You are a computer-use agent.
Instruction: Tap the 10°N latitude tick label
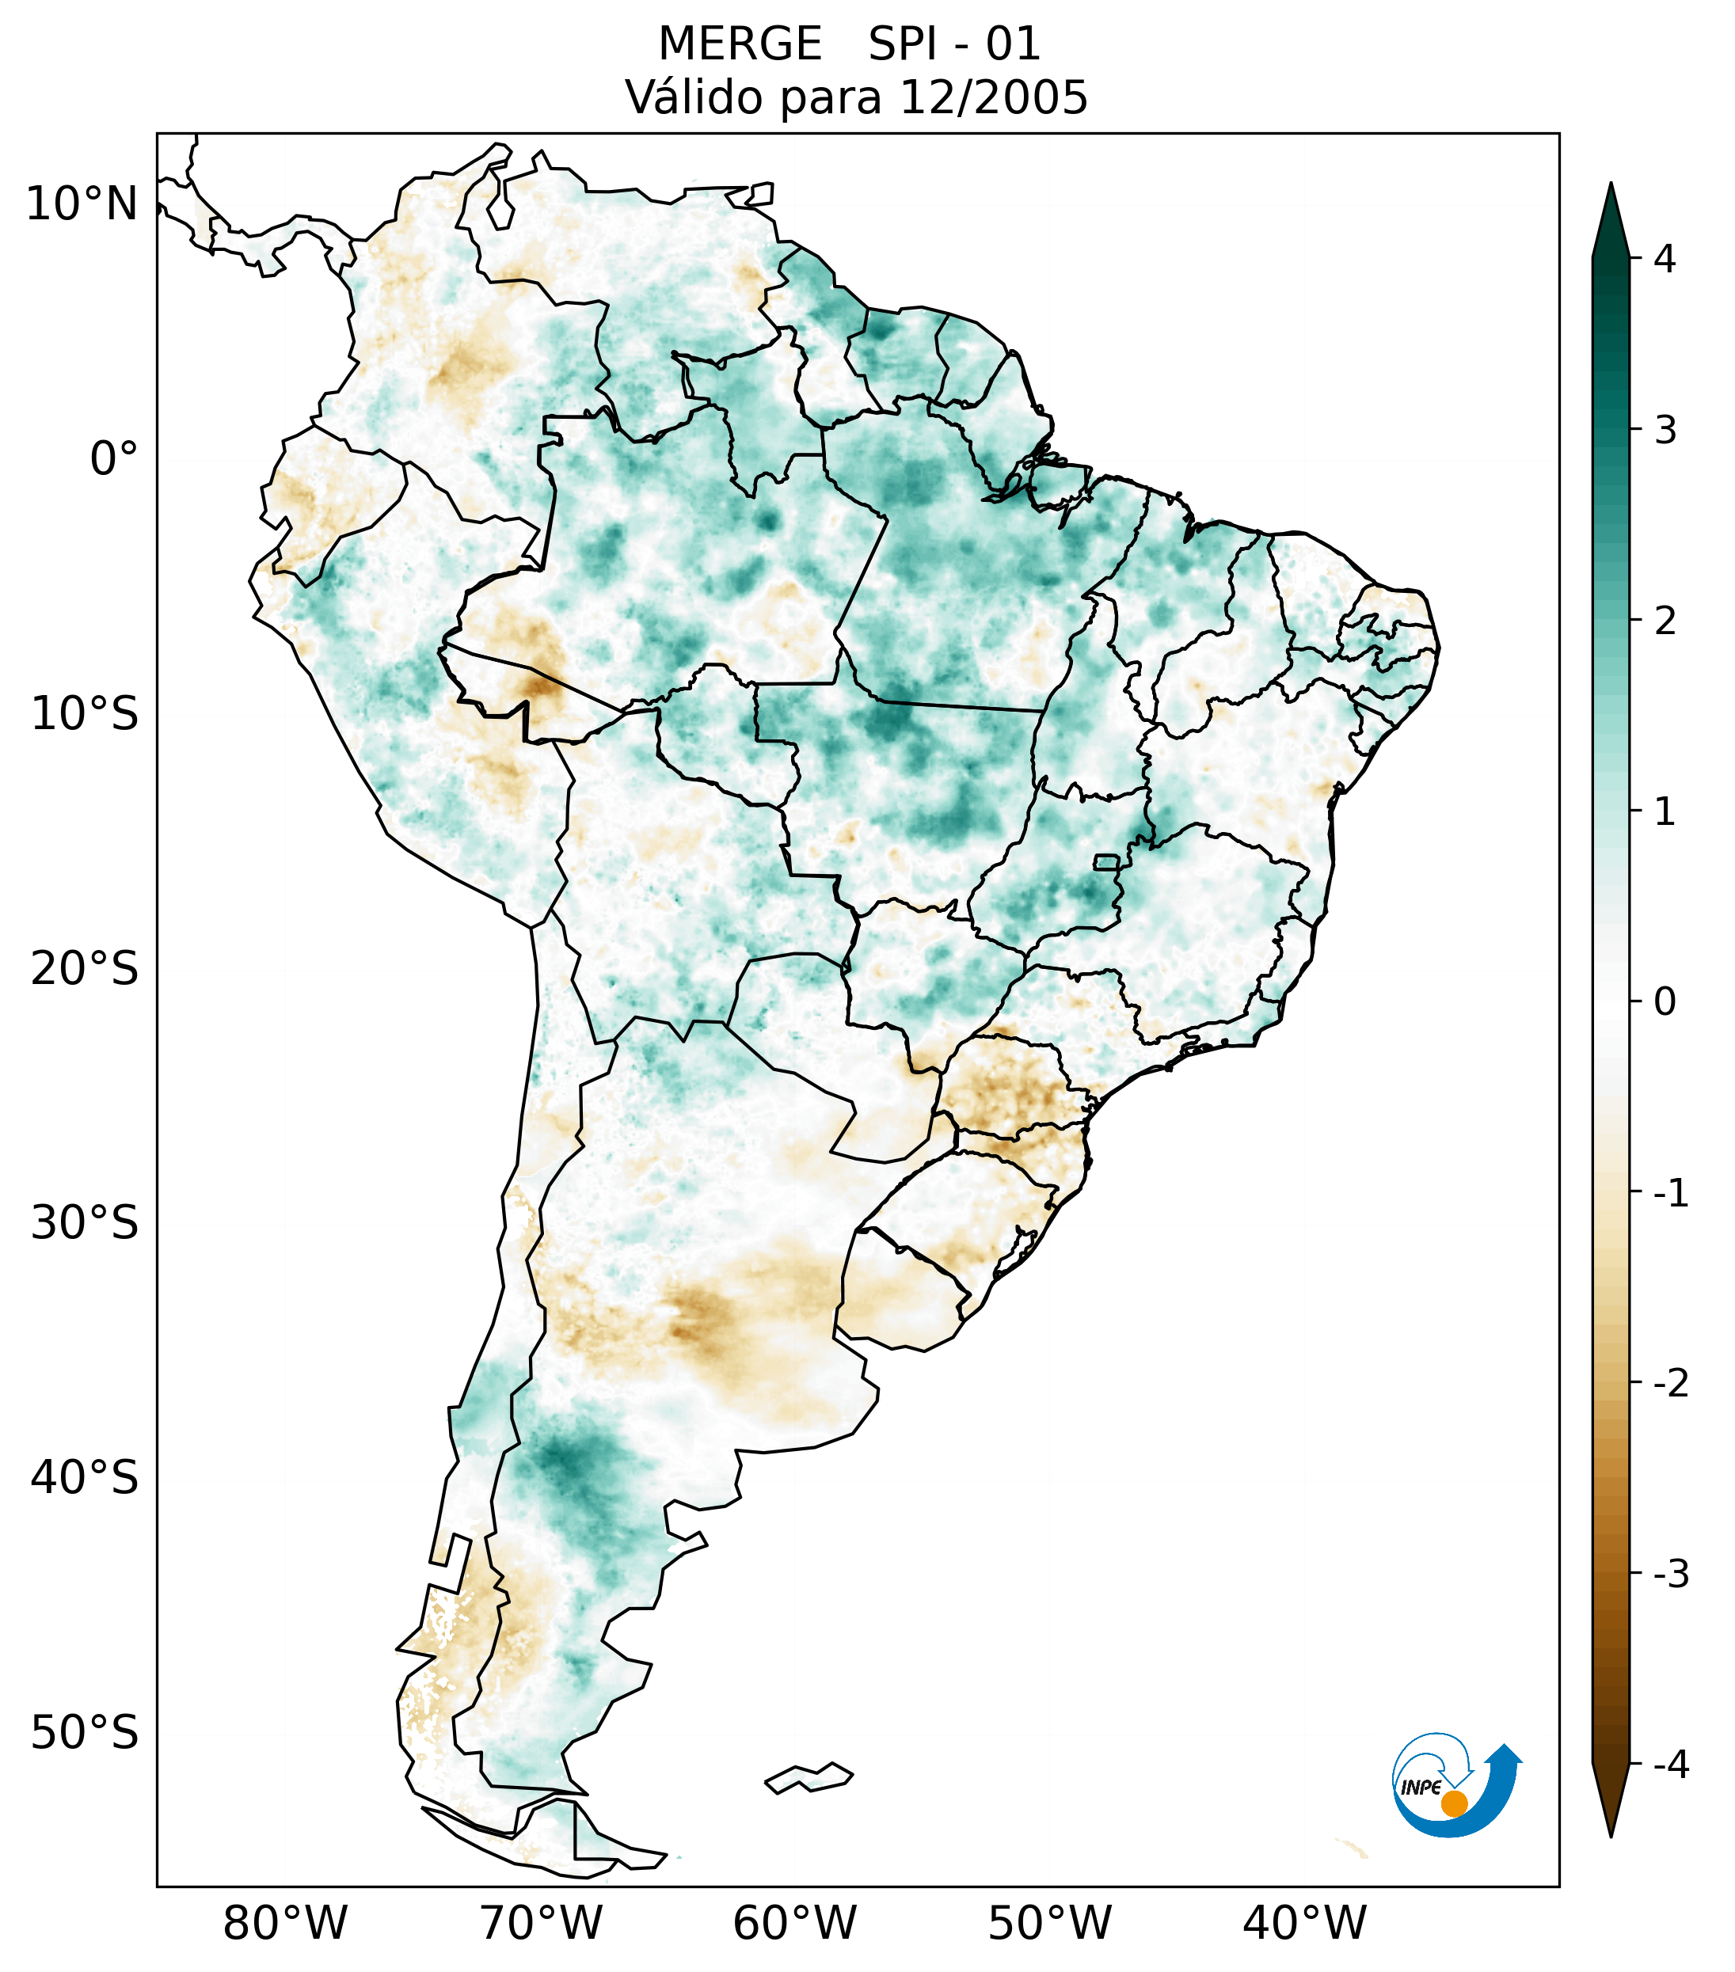click(81, 204)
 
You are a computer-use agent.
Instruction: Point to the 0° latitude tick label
click(114, 458)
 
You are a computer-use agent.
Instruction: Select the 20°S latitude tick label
click(85, 969)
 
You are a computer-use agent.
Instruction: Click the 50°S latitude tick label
click(85, 1733)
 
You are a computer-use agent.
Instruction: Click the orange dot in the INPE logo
click(1453, 1803)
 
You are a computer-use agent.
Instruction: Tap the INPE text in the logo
click(1421, 1788)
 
